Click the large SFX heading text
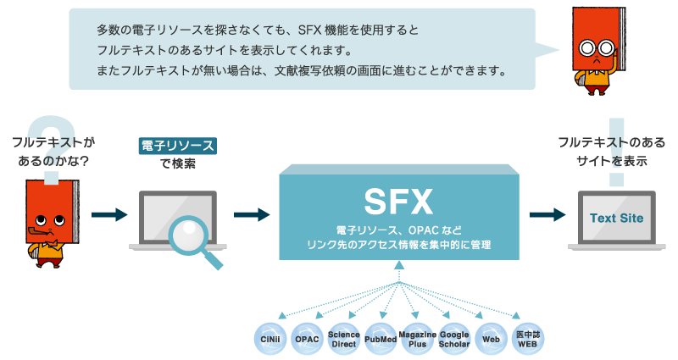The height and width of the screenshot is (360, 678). [398, 202]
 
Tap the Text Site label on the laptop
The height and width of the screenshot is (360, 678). [616, 219]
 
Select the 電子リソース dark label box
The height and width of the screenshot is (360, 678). [177, 146]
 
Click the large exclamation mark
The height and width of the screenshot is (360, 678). [616, 152]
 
